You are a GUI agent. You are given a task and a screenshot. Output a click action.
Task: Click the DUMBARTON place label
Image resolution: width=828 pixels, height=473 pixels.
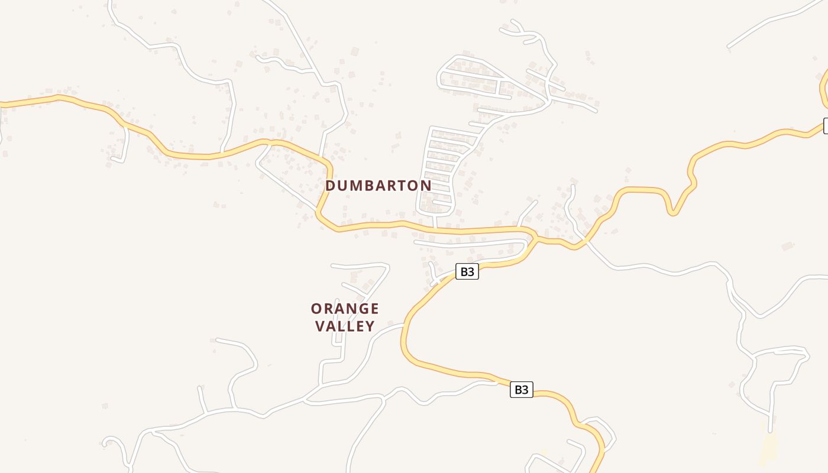click(379, 186)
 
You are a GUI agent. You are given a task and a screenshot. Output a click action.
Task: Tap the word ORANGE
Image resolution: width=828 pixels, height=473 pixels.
click(345, 309)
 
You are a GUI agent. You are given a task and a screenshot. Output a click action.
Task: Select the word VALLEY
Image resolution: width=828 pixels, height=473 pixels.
click(345, 326)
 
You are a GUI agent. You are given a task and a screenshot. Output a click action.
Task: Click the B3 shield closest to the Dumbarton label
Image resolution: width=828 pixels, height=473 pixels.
click(467, 271)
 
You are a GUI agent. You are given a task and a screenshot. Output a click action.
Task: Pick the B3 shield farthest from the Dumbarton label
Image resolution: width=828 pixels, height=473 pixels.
click(521, 390)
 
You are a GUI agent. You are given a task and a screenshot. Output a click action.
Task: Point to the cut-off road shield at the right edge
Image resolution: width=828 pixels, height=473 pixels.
click(825, 125)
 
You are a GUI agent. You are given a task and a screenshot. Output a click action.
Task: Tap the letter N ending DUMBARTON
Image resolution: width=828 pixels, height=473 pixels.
click(426, 186)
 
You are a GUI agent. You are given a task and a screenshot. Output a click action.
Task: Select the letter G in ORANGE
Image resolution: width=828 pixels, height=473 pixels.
click(360, 309)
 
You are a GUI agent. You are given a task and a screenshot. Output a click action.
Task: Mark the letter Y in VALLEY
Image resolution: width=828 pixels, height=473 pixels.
click(370, 326)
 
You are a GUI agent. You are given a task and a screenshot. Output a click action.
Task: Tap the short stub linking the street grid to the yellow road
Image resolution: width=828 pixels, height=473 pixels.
click(435, 221)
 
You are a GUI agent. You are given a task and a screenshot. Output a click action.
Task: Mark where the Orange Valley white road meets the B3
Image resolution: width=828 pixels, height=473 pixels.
click(403, 325)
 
